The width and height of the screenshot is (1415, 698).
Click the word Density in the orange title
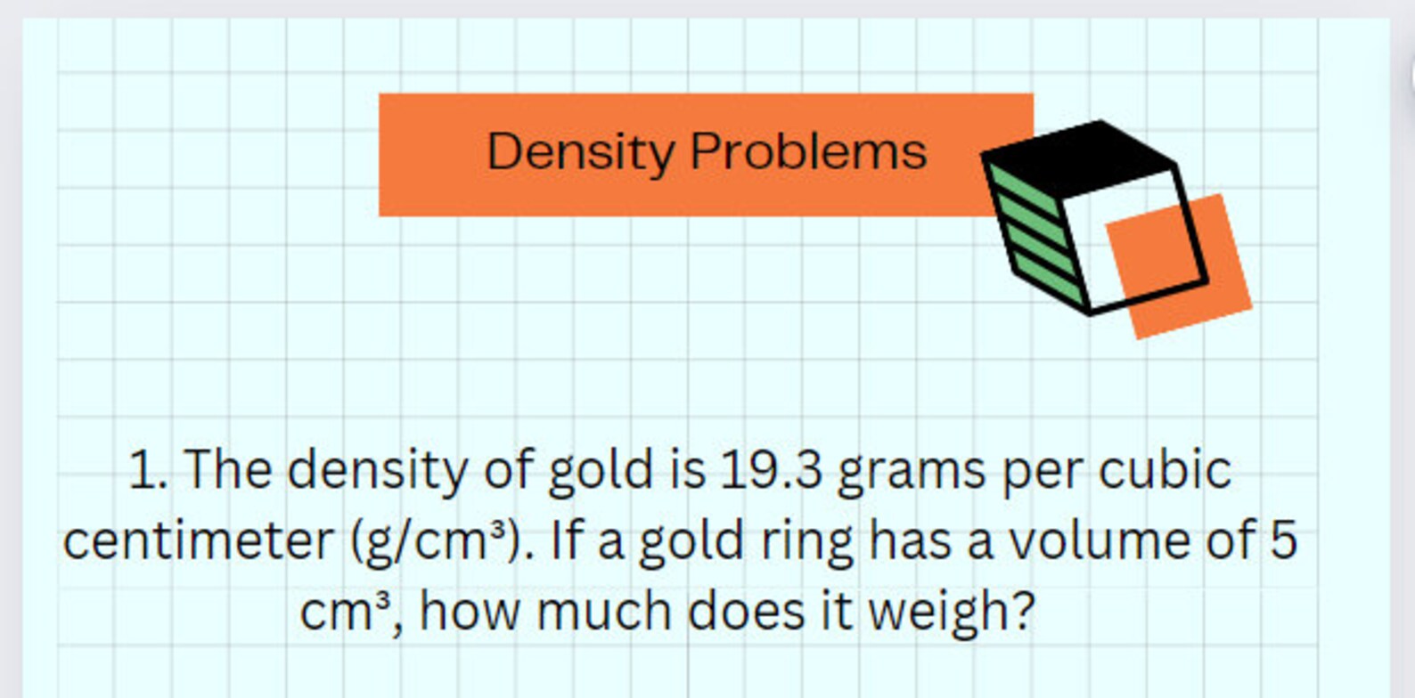(x=580, y=152)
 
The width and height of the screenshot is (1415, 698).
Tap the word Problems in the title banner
(x=808, y=151)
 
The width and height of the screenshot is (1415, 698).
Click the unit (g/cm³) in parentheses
(x=436, y=541)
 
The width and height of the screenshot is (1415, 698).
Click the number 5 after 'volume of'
(x=1283, y=540)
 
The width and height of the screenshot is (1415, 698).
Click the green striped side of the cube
(x=1035, y=231)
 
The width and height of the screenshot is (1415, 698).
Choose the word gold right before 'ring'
(x=691, y=541)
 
